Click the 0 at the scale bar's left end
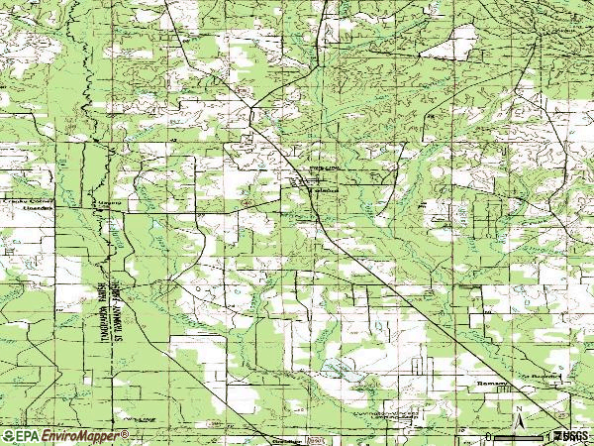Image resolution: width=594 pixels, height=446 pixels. click(488, 436)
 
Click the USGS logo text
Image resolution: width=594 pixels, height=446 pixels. click(572, 435)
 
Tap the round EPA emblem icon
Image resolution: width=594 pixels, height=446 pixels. click(8, 435)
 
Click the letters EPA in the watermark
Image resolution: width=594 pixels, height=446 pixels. click(27, 435)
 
